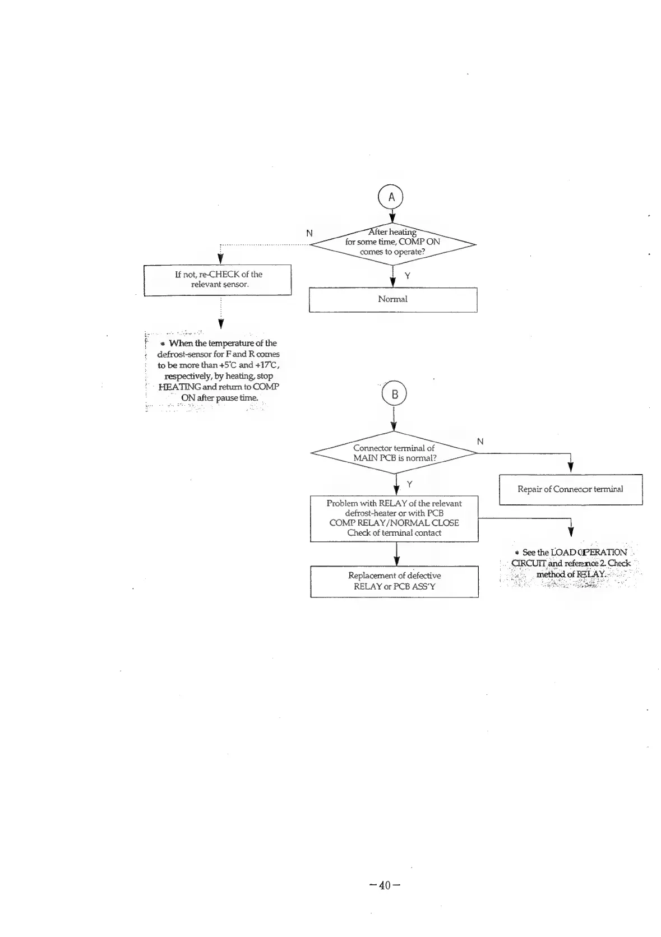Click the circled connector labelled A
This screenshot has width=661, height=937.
[392, 197]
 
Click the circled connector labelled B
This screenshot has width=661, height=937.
[394, 395]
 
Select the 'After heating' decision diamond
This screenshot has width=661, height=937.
[392, 242]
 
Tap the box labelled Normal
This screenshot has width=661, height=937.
[393, 299]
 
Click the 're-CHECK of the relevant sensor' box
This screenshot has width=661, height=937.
[218, 280]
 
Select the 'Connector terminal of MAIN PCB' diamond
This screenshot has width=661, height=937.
[394, 453]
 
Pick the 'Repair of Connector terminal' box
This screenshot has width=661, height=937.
[570, 489]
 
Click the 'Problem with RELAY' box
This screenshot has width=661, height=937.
[394, 518]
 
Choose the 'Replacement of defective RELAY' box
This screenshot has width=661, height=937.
[394, 581]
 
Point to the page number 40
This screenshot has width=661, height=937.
[385, 885]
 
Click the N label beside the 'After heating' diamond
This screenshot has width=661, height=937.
[309, 233]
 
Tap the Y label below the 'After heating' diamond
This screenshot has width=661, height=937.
[408, 276]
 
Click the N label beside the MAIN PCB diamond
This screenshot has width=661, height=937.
[480, 442]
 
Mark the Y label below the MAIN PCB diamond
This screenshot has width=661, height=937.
[410, 484]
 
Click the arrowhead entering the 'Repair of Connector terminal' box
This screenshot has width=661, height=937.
[570, 470]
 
